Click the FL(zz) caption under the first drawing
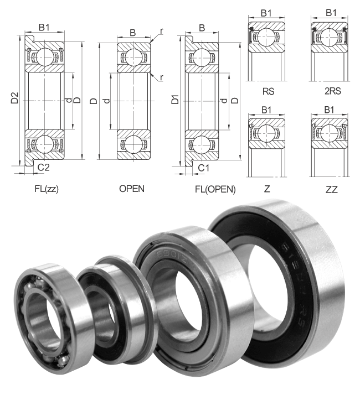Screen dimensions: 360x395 tap(47, 189)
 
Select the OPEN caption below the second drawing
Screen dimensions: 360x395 tap(132, 189)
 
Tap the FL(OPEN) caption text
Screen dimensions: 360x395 tap(215, 189)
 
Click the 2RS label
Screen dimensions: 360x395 tap(333, 91)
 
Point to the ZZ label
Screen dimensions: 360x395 tap(332, 189)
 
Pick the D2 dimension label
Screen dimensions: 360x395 tap(14, 98)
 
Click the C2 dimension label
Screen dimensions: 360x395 tap(43, 167)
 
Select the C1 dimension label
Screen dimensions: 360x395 tap(203, 168)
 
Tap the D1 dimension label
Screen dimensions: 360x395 tap(175, 100)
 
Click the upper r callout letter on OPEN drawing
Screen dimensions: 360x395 tap(162, 31)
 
